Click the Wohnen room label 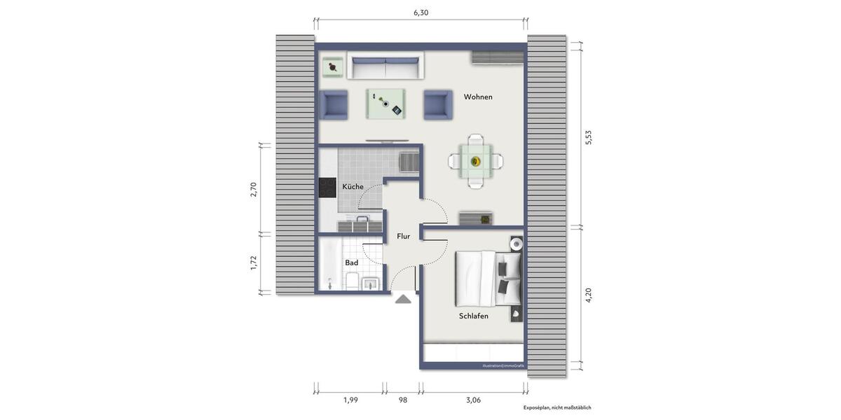(x=478, y=97)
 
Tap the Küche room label (x=353, y=187)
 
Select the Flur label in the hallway (x=403, y=237)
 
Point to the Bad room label (x=351, y=263)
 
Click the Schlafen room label (x=474, y=316)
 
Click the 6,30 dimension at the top (x=420, y=13)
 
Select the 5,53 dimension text (x=589, y=137)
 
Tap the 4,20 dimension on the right (x=589, y=295)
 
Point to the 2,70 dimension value (x=254, y=190)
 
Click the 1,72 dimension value (x=254, y=263)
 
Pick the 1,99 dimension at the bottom (x=350, y=400)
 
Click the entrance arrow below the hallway (x=403, y=299)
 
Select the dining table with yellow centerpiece (x=476, y=162)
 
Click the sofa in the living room (x=387, y=68)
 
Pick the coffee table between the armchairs (x=386, y=104)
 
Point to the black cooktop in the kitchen (x=327, y=188)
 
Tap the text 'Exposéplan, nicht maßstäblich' (x=557, y=407)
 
